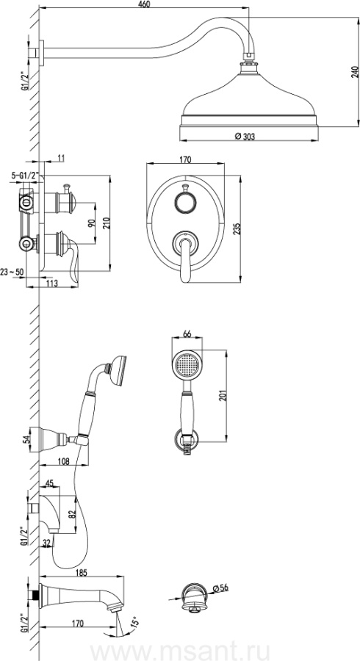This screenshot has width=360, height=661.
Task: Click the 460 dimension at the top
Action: [144, 4]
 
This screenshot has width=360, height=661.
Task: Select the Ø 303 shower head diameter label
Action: [245, 136]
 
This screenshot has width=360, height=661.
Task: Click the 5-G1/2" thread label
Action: [24, 175]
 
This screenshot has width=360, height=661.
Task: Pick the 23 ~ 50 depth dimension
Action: [12, 272]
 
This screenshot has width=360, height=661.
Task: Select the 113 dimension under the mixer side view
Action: [51, 283]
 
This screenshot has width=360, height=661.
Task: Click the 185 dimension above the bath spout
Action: [82, 572]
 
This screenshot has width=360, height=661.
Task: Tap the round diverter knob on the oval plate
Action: [184, 203]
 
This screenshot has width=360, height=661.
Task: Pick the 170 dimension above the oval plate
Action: [185, 160]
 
